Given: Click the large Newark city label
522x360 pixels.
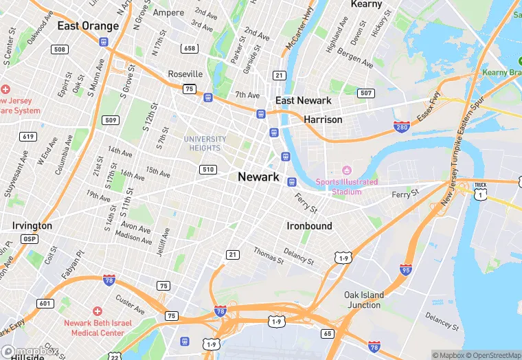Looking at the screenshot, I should [258, 177].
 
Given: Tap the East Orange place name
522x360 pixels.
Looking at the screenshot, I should [88, 26].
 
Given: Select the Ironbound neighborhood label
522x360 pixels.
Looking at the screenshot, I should [309, 225].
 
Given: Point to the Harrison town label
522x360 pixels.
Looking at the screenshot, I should [323, 120].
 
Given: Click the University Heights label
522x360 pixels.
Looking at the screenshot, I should [205, 144].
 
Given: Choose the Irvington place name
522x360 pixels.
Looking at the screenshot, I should [32, 225].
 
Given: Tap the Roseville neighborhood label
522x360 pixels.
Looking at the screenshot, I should [185, 74].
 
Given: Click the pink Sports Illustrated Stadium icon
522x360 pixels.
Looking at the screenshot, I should [347, 170].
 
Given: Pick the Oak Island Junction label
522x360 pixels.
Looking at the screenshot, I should [364, 300].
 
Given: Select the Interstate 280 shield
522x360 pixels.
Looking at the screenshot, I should [402, 127].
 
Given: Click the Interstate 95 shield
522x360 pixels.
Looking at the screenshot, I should [407, 269].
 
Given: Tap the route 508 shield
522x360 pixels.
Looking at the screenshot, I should [60, 49].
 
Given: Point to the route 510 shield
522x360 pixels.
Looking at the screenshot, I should [208, 169].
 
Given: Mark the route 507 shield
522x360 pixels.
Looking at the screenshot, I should [366, 93].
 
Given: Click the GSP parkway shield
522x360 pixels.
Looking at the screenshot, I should [30, 238].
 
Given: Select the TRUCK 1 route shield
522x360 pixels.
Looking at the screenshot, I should [481, 193].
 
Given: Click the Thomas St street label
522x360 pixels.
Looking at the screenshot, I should [268, 256].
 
